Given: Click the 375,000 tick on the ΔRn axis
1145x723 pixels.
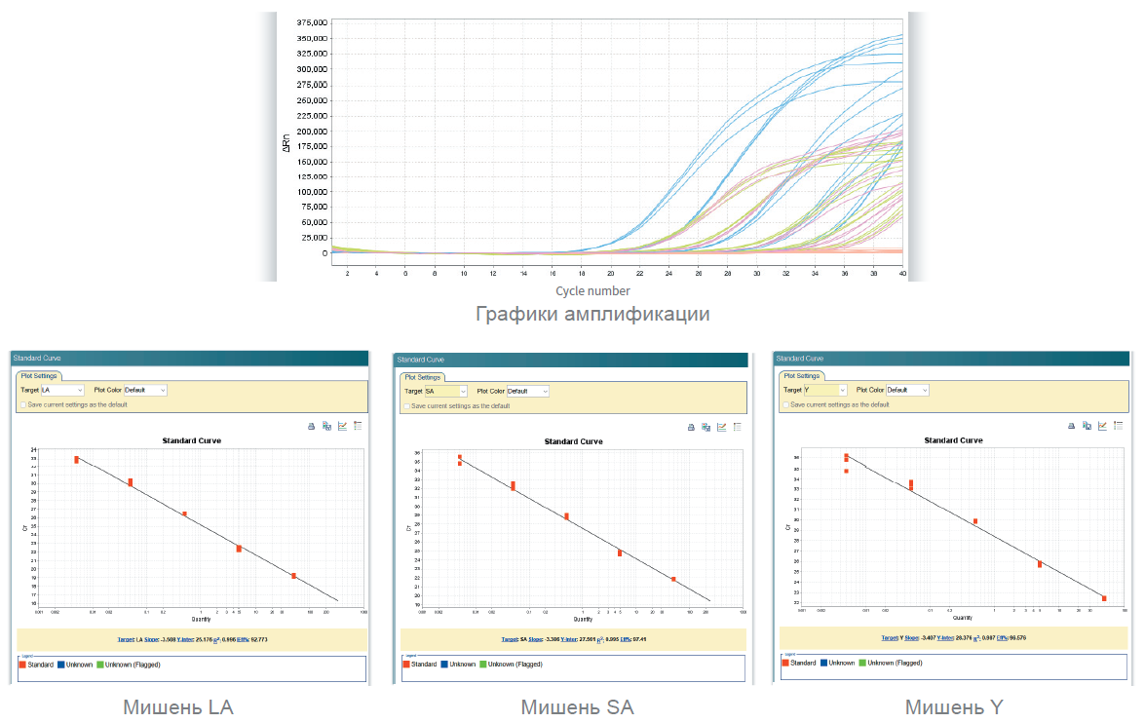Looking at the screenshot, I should [x=310, y=22].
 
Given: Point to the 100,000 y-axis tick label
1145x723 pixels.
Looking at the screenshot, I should [x=310, y=192].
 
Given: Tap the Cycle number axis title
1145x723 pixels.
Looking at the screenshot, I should [x=592, y=290].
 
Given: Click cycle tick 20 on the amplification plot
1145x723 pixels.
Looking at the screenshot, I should [x=610, y=274].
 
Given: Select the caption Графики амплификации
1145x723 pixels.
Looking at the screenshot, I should [x=592, y=315].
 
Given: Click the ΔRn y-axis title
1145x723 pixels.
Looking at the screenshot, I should [x=286, y=143].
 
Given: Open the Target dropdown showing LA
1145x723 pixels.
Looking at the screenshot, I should [x=62, y=391].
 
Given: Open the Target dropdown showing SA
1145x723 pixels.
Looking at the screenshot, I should [x=444, y=392].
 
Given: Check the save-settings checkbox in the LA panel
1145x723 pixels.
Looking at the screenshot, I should [x=23, y=404].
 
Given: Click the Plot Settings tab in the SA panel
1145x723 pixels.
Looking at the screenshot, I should [x=422, y=377].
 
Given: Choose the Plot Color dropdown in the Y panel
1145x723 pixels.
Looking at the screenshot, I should [x=906, y=391].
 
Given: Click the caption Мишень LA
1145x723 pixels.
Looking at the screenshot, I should [x=178, y=707].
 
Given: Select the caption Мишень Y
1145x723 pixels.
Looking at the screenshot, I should [x=953, y=707].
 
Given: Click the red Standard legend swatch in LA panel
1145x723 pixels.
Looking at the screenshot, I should [x=24, y=665].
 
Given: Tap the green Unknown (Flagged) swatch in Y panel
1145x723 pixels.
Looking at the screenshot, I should [x=861, y=663].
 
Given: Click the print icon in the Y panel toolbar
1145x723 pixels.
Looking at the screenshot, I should [x=1070, y=426].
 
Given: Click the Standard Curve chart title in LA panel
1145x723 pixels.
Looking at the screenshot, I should [x=191, y=440].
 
